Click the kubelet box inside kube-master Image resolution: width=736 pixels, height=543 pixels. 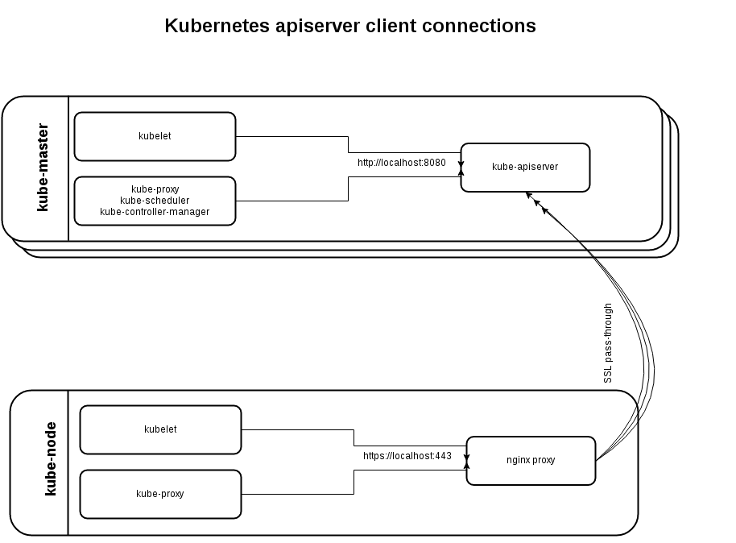tap(155, 136)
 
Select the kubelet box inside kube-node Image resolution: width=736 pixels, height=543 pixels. tap(160, 429)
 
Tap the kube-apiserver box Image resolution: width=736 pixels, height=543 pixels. tap(525, 167)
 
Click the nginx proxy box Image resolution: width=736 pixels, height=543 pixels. tap(531, 461)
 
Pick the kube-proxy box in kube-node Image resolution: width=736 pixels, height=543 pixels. tap(160, 493)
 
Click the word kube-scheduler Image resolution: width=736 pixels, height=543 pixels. tap(155, 201)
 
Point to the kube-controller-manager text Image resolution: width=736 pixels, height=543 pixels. tap(155, 212)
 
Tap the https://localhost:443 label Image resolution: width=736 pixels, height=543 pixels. tap(407, 456)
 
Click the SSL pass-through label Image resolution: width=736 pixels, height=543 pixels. tap(609, 343)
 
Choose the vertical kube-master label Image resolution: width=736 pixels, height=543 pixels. tap(43, 168)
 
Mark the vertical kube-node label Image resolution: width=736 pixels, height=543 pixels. tap(50, 458)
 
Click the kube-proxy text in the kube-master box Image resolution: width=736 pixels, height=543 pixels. tap(155, 189)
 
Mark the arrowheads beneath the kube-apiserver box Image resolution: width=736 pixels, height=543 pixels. tap(536, 202)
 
